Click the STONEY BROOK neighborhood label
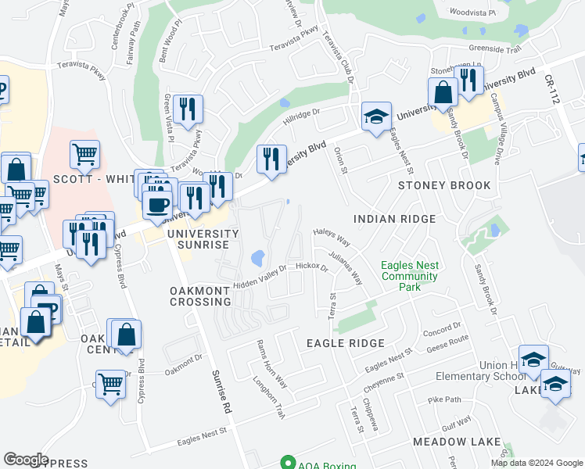(444, 185)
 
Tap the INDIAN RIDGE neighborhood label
(394, 220)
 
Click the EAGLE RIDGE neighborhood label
(345, 343)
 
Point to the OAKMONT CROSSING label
(200, 296)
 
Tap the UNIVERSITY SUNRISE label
(201, 239)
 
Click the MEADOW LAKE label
(457, 442)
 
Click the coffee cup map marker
(158, 204)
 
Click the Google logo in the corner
(27, 460)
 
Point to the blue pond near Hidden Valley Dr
(257, 257)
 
